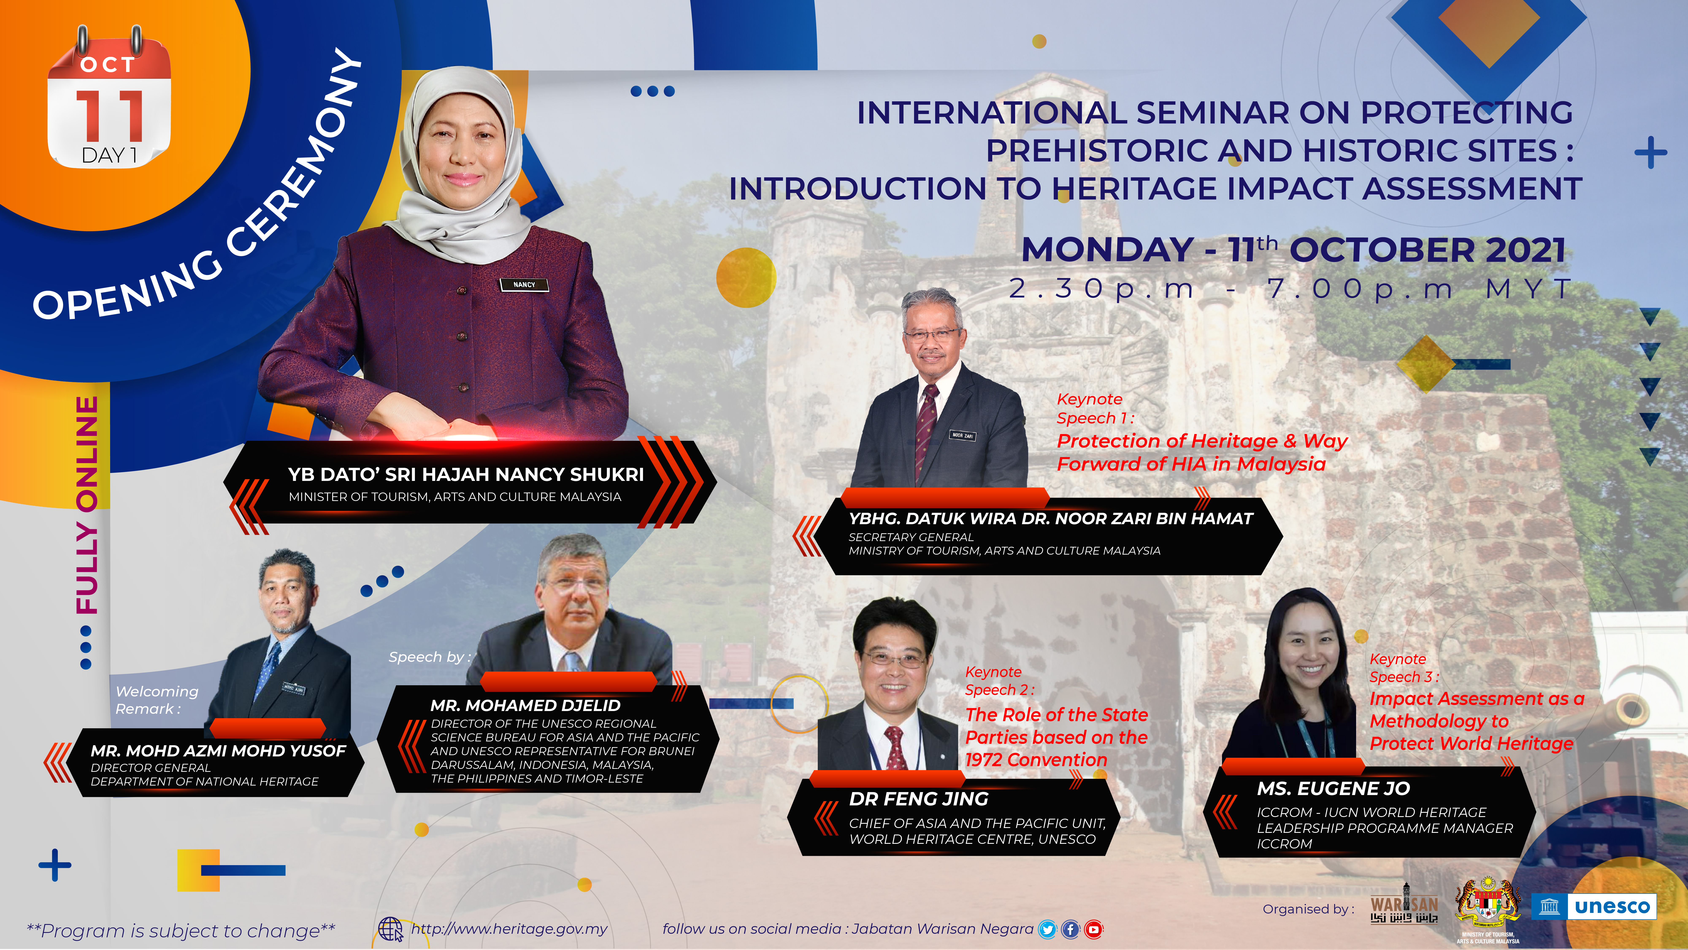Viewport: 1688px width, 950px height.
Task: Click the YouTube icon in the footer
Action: point(1093,929)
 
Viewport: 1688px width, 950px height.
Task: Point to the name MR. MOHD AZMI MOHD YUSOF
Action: point(218,751)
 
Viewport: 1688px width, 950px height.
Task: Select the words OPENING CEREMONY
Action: point(197,187)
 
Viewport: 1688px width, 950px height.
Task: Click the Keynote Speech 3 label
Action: point(1404,667)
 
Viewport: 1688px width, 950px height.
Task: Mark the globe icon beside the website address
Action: point(391,929)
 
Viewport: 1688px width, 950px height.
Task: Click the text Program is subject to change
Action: point(181,930)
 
